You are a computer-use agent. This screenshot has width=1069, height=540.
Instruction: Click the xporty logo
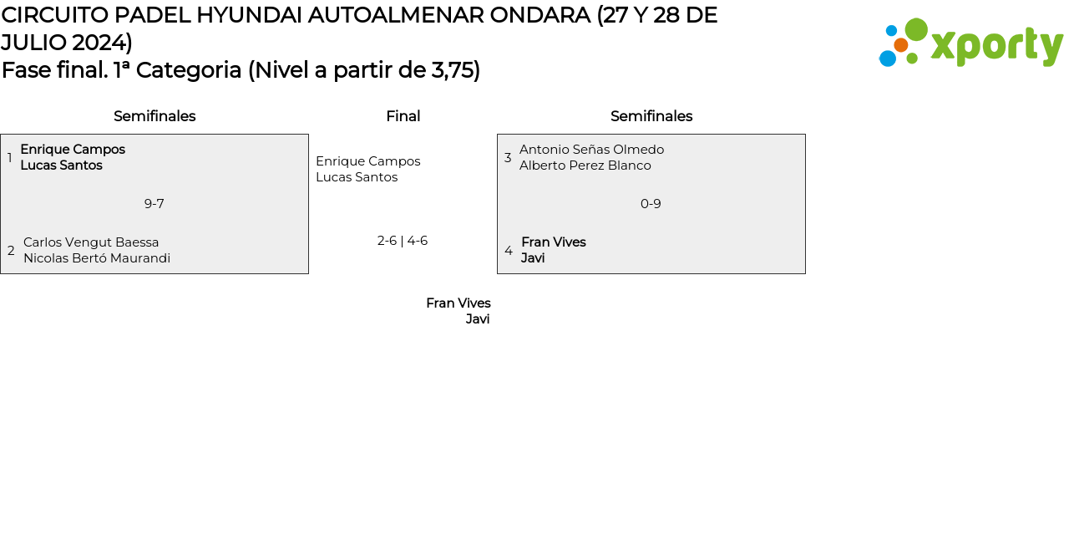click(971, 43)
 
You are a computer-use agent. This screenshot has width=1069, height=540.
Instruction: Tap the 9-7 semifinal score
click(154, 204)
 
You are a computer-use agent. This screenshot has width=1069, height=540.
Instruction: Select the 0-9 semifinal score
click(651, 204)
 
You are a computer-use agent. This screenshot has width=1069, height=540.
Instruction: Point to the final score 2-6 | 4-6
click(403, 241)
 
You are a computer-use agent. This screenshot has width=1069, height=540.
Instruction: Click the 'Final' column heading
click(403, 116)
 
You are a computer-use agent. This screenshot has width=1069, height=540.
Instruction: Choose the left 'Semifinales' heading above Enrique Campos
click(155, 116)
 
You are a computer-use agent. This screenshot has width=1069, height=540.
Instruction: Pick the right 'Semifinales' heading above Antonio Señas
click(651, 116)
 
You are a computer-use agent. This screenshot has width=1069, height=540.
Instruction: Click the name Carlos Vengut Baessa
click(91, 242)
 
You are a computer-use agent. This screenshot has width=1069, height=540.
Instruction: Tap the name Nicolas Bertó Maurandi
click(97, 258)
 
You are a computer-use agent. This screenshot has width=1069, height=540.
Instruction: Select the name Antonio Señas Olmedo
click(591, 150)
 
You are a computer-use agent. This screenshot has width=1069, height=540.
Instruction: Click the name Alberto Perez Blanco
click(585, 166)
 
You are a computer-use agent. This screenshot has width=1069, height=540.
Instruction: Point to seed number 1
click(10, 158)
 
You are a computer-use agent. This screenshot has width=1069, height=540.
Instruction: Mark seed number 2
click(11, 251)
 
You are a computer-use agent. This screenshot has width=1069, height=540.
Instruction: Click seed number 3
click(508, 158)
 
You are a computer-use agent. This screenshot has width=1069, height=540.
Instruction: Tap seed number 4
click(509, 251)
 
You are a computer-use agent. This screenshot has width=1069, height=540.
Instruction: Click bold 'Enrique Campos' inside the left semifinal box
click(73, 150)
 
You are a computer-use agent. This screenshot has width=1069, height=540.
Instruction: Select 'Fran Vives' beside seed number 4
click(554, 242)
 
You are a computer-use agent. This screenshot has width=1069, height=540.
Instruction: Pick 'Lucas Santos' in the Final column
click(357, 177)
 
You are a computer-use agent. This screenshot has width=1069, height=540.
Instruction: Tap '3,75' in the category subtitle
click(452, 70)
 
